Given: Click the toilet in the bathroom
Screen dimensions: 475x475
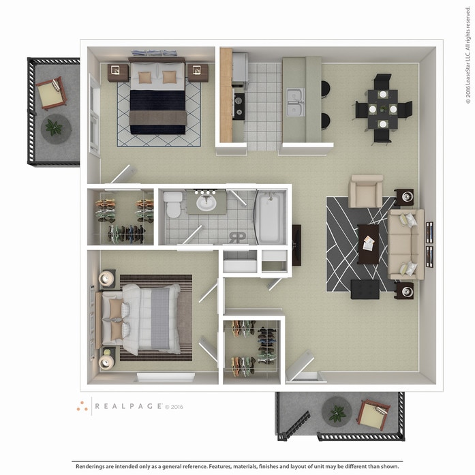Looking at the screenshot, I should [x=173, y=204].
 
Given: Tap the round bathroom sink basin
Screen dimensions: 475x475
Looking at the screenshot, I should [x=205, y=202].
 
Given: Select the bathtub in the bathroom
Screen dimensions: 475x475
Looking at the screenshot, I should [x=269, y=217].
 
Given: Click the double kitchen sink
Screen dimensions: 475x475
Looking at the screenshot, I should [x=295, y=102].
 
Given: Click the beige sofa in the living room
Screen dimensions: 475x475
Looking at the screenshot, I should [x=405, y=244].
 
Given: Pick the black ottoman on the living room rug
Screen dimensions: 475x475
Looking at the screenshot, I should [x=365, y=289].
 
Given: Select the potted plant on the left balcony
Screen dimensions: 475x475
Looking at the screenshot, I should [x=53, y=127].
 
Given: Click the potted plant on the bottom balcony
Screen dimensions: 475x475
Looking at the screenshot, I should [x=337, y=413].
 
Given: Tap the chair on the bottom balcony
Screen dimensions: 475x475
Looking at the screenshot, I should [x=373, y=414].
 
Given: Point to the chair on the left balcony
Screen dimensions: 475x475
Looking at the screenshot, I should [x=51, y=93].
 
